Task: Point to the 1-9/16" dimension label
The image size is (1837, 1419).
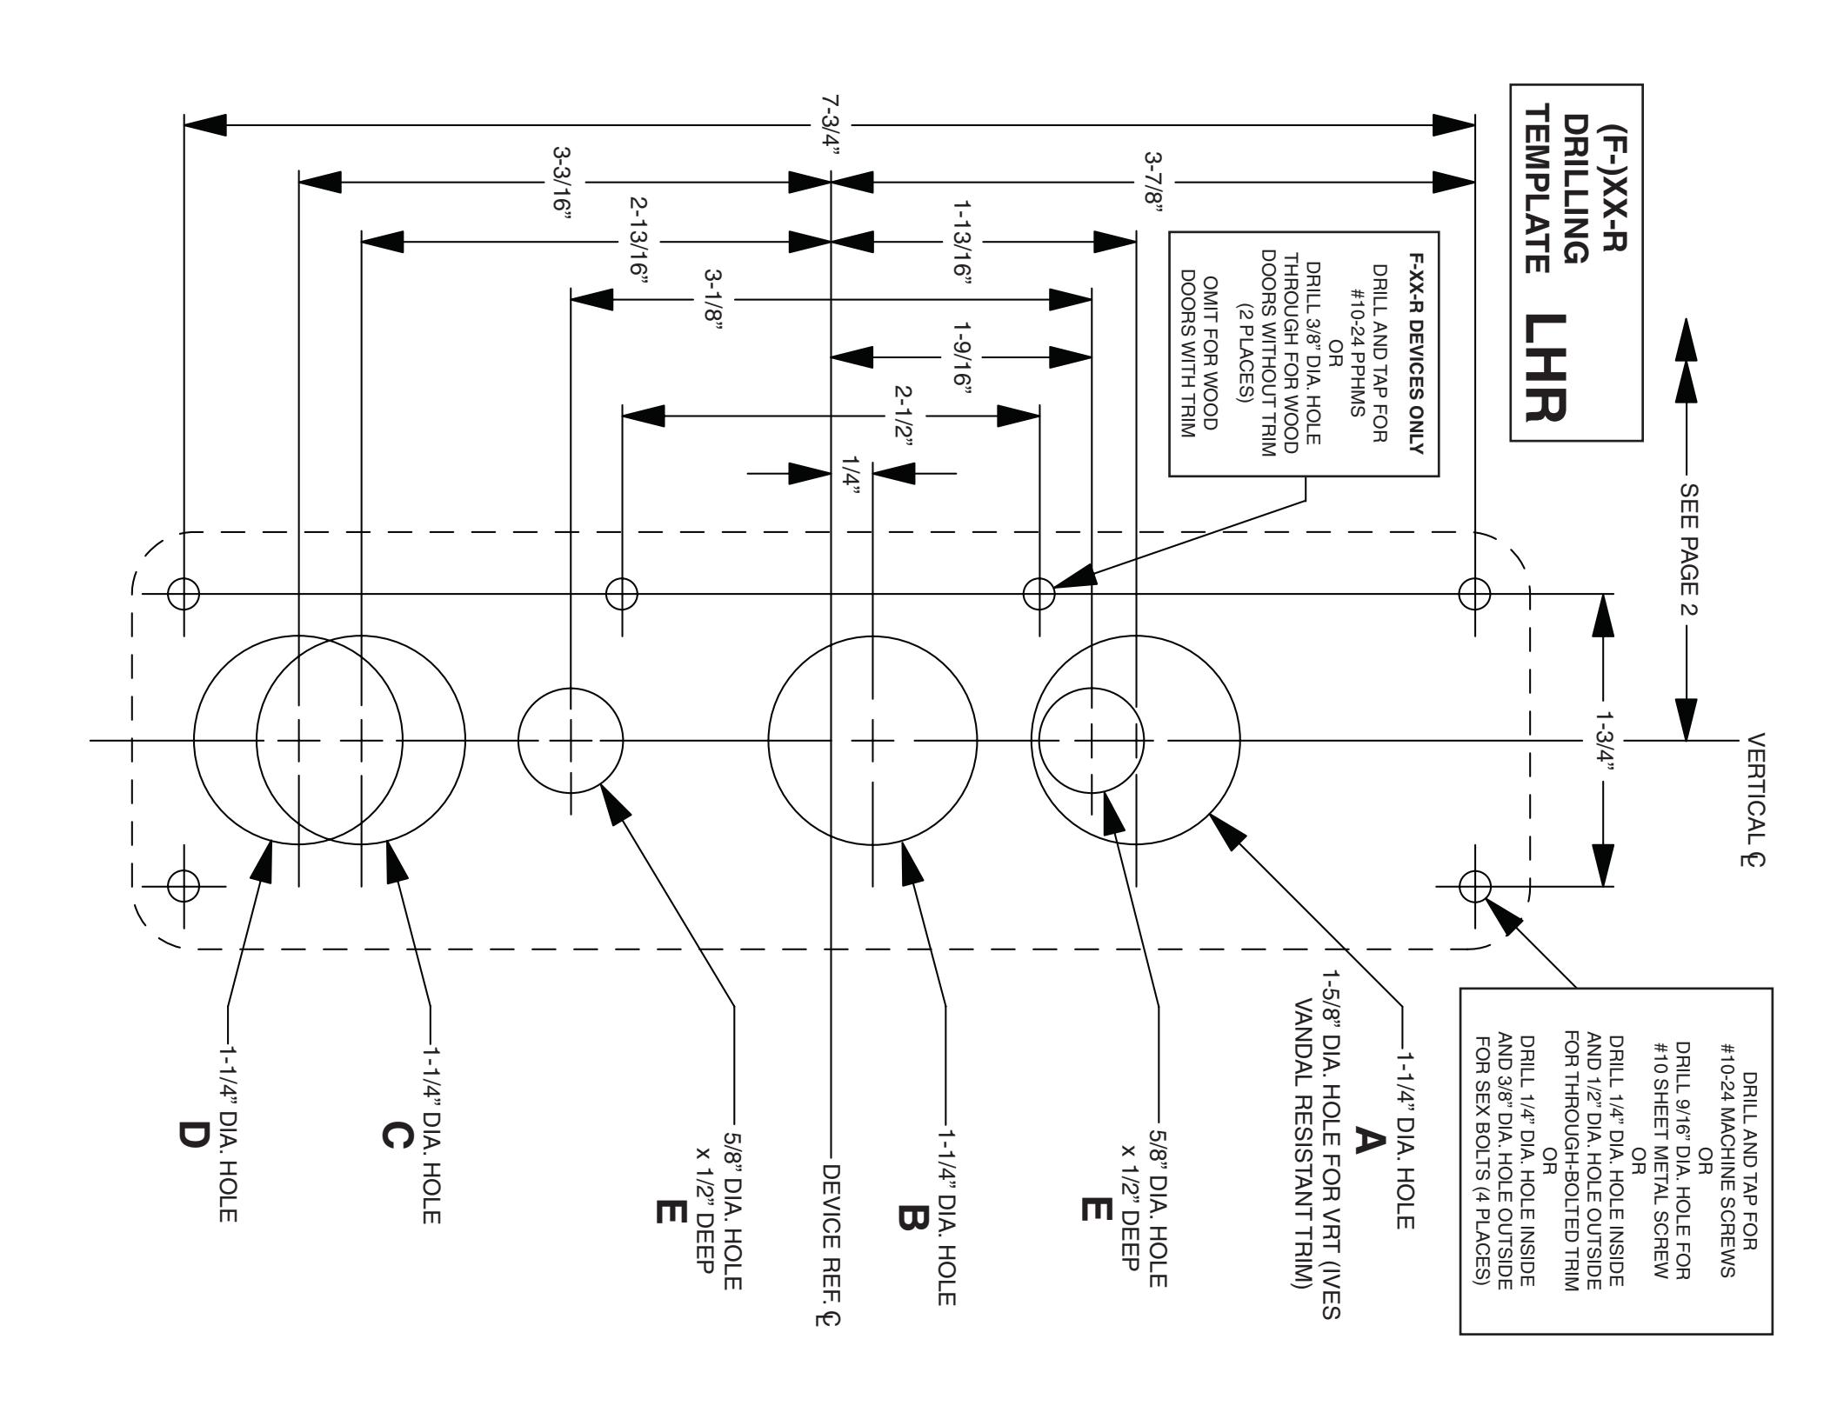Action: click(962, 357)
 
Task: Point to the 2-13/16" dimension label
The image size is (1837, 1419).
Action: click(639, 243)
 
